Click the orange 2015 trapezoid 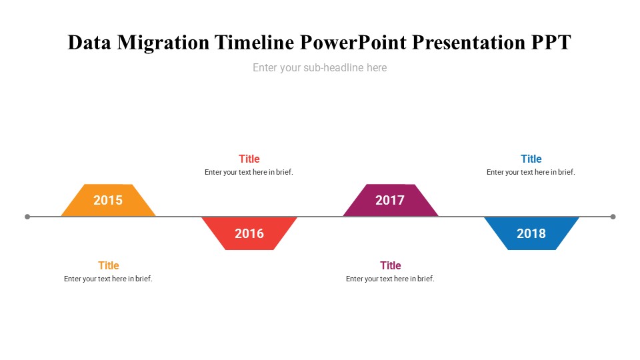[x=108, y=200]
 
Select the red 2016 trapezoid [x=249, y=233]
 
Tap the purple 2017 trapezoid [x=390, y=200]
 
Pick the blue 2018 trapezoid [x=531, y=233]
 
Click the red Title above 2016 [x=249, y=159]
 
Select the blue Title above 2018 [x=531, y=159]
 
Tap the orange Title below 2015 [x=109, y=265]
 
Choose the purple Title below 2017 [x=391, y=265]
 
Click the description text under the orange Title [x=108, y=279]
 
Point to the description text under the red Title [x=249, y=172]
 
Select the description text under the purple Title [x=390, y=279]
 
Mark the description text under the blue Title [x=531, y=172]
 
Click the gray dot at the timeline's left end [x=27, y=217]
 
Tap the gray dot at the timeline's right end [x=613, y=217]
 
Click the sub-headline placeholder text [x=319, y=67]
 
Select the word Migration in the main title [x=164, y=43]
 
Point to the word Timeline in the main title [x=254, y=43]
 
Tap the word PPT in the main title [x=551, y=43]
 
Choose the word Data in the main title [x=89, y=43]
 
